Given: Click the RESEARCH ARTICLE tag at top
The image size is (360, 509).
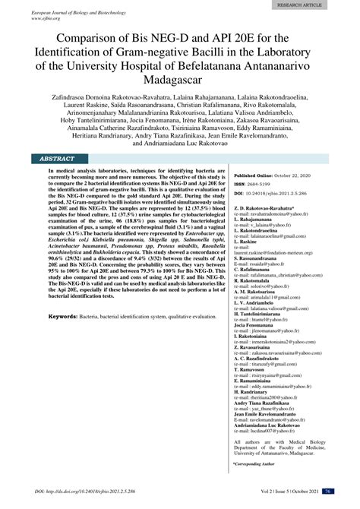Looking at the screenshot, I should click(x=319, y=5).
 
